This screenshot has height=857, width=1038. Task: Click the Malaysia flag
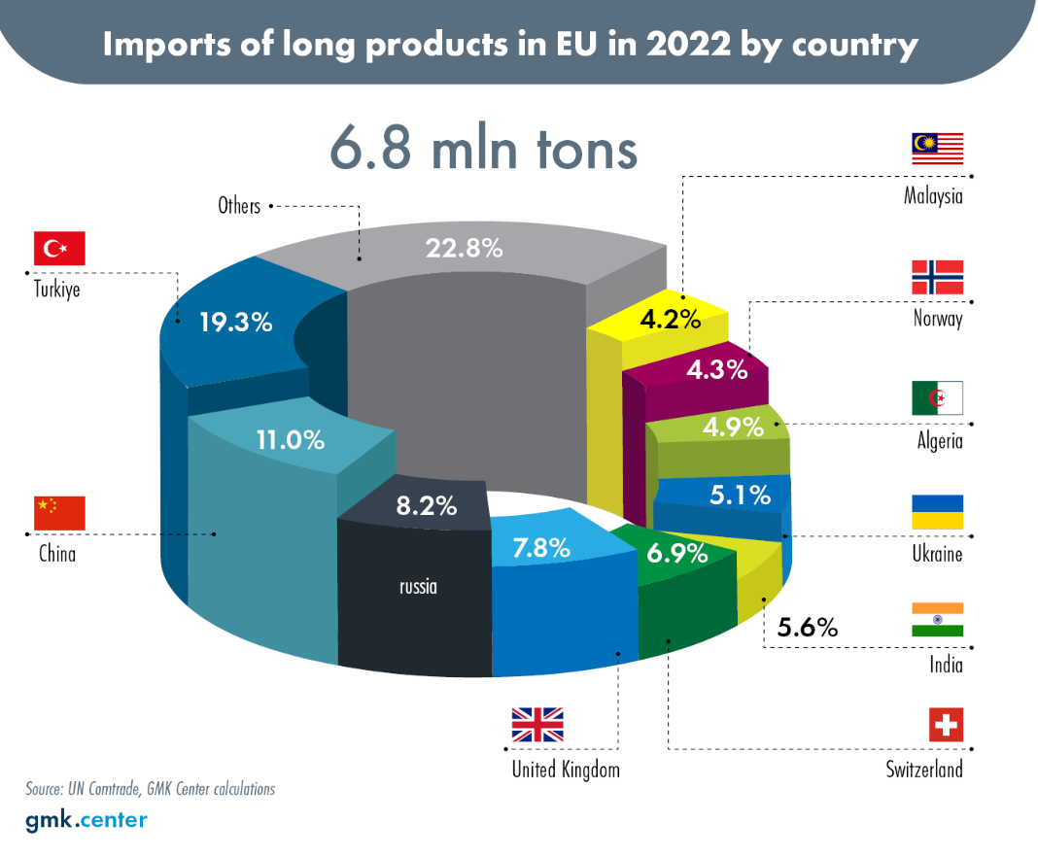point(937,149)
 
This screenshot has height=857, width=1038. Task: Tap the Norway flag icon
point(937,277)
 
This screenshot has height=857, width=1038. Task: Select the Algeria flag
point(937,398)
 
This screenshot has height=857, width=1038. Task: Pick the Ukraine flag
point(937,511)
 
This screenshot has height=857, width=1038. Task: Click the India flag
point(937,620)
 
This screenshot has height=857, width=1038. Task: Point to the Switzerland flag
point(946,725)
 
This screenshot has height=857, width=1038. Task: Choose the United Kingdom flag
point(537,725)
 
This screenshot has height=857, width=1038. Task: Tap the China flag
point(59,513)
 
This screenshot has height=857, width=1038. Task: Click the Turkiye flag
point(59,248)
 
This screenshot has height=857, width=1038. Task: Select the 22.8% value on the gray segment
point(464,248)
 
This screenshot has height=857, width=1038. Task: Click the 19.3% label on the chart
point(235,323)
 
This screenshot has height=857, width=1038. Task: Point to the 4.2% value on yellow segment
point(670,320)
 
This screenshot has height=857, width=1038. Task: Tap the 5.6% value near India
point(807,627)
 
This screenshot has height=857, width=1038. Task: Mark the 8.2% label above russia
point(427,506)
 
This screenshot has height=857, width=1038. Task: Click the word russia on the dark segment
point(418,587)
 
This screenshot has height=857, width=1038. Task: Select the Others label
point(239,206)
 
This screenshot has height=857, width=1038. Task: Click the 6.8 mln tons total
point(483,147)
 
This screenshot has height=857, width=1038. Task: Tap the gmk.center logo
point(86,821)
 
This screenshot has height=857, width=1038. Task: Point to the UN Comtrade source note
point(151,789)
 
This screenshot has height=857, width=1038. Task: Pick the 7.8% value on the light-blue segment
point(540,548)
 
